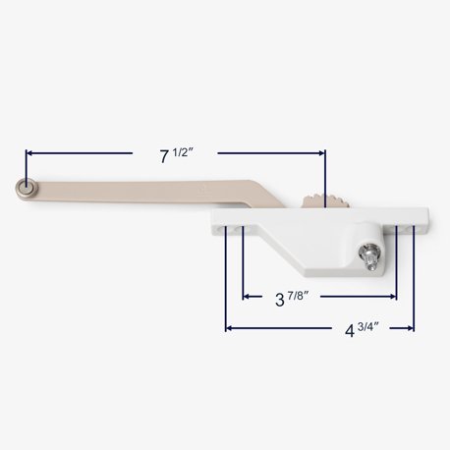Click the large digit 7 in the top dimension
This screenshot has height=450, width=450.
(165, 155)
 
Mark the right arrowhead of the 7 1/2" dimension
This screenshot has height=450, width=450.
(320, 153)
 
